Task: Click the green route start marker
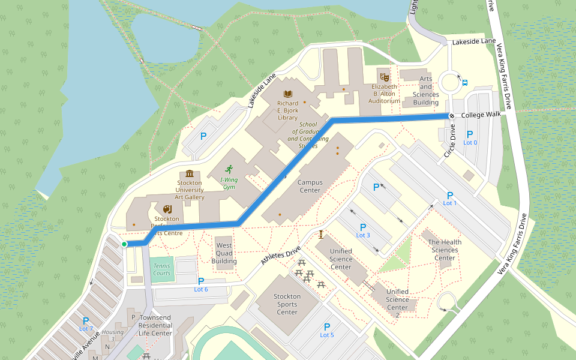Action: pyautogui.click(x=124, y=244)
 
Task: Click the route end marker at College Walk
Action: pyautogui.click(x=452, y=115)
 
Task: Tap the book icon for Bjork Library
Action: pyautogui.click(x=288, y=94)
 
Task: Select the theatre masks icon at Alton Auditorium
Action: pyautogui.click(x=384, y=76)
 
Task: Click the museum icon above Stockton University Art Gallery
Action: pyautogui.click(x=190, y=174)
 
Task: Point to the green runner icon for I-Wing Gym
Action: pyautogui.click(x=228, y=170)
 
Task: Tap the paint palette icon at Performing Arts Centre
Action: pyautogui.click(x=167, y=209)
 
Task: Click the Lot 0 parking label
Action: pyautogui.click(x=470, y=138)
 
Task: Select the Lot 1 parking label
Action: pyautogui.click(x=450, y=199)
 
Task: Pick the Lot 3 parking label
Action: pyautogui.click(x=362, y=230)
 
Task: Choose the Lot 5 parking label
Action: pyautogui.click(x=327, y=330)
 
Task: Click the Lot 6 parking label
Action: pyautogui.click(x=201, y=285)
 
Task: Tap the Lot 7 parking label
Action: pyautogui.click(x=86, y=324)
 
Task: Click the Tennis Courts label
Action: pyautogui.click(x=162, y=269)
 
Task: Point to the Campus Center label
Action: pyautogui.click(x=310, y=187)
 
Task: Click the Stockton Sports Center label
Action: pyautogui.click(x=287, y=304)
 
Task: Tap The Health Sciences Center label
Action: pyautogui.click(x=445, y=250)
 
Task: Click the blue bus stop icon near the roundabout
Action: pyautogui.click(x=466, y=83)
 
